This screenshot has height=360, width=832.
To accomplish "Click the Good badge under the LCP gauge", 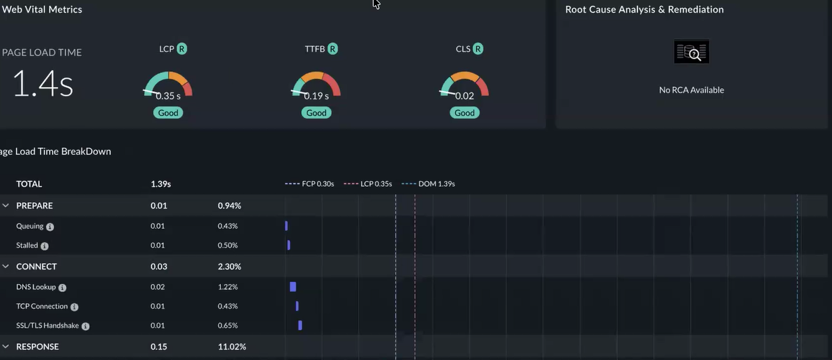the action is (168, 112).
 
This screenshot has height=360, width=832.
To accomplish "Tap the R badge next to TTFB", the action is (333, 49).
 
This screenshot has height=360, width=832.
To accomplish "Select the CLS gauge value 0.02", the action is (464, 96).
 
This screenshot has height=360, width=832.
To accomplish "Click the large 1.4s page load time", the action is (42, 84).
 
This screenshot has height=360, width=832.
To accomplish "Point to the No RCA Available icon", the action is (692, 52).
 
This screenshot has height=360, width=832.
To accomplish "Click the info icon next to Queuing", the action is (50, 226).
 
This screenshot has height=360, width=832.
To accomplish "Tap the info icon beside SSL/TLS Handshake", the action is (85, 326).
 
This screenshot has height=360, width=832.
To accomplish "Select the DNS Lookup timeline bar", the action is (293, 287).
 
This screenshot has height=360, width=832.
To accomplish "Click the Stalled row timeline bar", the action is (289, 245).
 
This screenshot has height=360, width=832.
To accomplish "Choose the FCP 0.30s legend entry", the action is (309, 184).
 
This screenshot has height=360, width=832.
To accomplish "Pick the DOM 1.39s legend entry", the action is (428, 184).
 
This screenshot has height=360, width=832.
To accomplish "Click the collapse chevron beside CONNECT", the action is (6, 266).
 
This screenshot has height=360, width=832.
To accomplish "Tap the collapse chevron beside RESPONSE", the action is (6, 347).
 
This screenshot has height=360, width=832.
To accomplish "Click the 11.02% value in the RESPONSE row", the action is (232, 347).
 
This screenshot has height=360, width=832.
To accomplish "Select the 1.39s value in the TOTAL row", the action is (161, 184).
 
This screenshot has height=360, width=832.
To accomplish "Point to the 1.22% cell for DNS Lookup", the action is (228, 287).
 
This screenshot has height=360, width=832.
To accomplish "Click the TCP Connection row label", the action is (42, 306).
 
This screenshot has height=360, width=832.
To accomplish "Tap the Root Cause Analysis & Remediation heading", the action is (644, 9).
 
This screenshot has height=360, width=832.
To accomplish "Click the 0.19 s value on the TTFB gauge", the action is (316, 96).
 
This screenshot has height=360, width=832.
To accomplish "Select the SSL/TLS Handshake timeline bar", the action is (300, 326).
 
